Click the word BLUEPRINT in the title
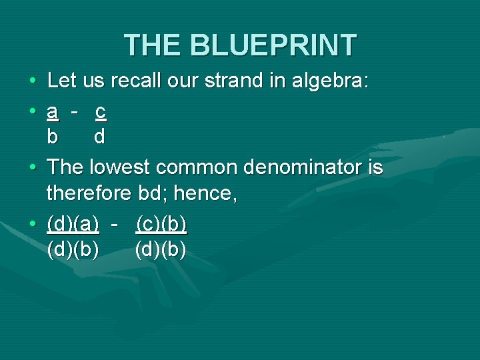[x=273, y=45]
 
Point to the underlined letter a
[x=53, y=112]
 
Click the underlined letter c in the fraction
[x=100, y=112]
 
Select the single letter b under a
[x=53, y=137]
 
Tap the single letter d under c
[x=99, y=137]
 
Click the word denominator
[x=303, y=167]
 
